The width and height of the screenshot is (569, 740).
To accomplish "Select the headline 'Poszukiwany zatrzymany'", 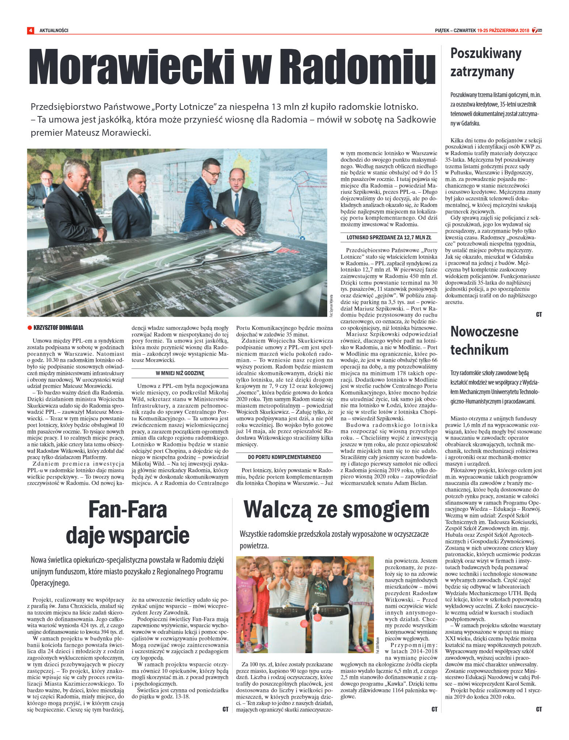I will coord(485,62).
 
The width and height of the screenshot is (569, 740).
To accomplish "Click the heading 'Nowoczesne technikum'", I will coord(484,340).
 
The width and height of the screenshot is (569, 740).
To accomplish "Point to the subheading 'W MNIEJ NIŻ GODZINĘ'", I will coord(180,373).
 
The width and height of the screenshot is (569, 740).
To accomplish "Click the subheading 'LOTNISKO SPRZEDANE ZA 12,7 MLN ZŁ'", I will coord(389,238).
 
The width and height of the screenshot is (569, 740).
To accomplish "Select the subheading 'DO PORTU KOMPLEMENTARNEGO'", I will coord(284,457).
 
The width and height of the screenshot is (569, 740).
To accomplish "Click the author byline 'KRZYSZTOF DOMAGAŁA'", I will coord(58,328).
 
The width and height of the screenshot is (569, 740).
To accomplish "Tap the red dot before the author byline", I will coord(30,328).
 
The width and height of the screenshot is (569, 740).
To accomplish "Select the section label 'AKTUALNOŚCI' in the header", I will coord(54,30).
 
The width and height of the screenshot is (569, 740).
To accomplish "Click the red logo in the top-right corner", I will coord(536,30).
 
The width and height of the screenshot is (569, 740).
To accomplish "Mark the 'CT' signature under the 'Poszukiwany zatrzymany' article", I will coord(539,314).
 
